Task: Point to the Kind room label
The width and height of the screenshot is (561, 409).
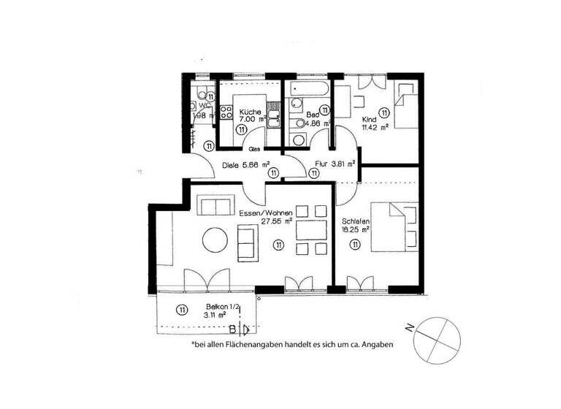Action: (x=370, y=118)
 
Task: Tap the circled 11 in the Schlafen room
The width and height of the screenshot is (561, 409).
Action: (x=354, y=245)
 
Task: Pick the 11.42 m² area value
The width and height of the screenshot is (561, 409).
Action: (x=375, y=126)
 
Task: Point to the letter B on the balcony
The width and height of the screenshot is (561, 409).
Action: (x=233, y=328)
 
